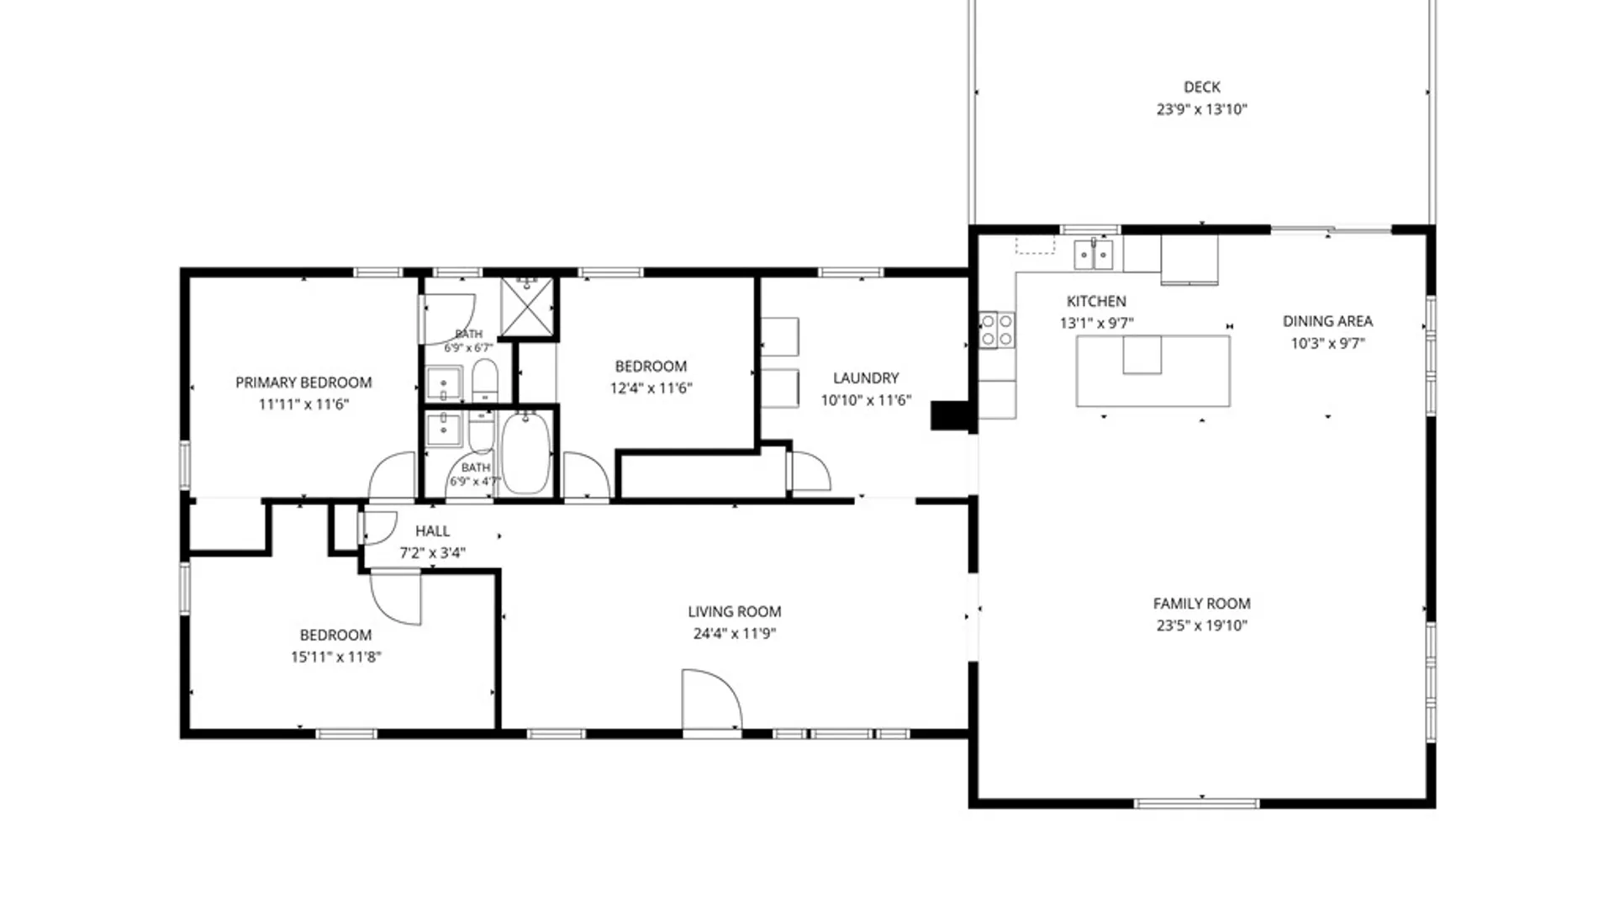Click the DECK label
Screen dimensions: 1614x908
point(1201,87)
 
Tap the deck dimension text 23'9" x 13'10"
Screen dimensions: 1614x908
point(1201,109)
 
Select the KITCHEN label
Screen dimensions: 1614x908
point(1096,301)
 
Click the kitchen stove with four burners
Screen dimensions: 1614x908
point(997,330)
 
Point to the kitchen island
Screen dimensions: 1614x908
point(1153,371)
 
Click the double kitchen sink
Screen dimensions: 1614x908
point(1094,254)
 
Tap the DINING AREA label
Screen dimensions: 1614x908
point(1327,321)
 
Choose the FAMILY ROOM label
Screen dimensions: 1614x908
point(1201,604)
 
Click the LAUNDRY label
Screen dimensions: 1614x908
point(866,378)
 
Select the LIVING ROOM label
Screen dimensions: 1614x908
point(734,612)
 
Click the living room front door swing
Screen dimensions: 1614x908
point(711,699)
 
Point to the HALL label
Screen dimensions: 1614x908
point(432,531)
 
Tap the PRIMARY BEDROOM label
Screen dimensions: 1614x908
point(303,383)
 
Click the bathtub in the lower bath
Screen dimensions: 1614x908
point(526,453)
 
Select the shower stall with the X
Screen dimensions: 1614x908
point(527,306)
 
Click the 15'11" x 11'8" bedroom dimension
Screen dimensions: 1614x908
point(335,657)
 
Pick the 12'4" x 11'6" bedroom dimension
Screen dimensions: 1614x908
point(651,388)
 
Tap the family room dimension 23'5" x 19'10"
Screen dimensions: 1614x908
point(1201,626)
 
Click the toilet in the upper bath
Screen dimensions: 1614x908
point(484,381)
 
